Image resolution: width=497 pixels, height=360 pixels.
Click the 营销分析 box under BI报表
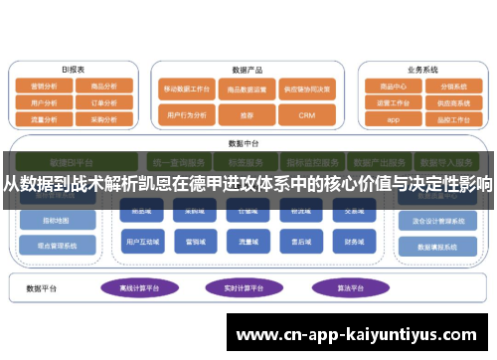pos(44,87)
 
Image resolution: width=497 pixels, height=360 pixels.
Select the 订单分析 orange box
pos(105,101)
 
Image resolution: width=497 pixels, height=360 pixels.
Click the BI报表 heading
pos(73,70)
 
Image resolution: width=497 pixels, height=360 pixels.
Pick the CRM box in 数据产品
pos(306,115)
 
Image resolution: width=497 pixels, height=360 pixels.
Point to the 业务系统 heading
pos(422,70)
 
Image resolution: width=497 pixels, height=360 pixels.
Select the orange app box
pos(393,119)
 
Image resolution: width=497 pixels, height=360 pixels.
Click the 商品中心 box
pos(393,87)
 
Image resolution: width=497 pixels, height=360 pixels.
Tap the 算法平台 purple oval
pos(344,288)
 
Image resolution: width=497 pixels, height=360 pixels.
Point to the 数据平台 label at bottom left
pos(41,289)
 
